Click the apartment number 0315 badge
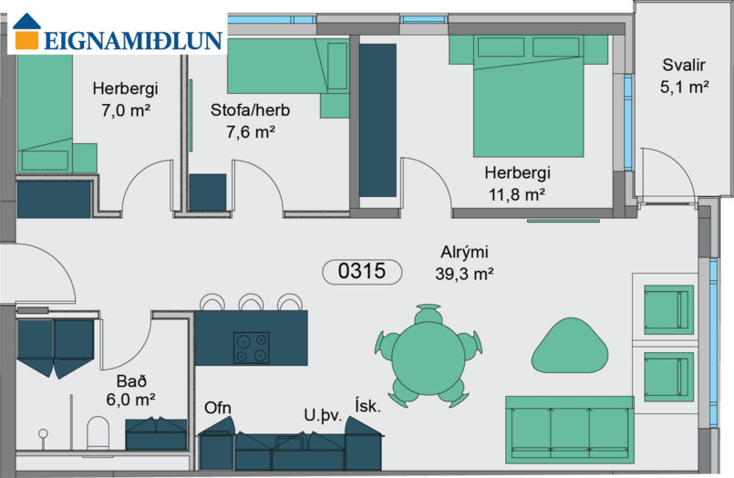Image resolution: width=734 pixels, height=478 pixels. click(362, 272)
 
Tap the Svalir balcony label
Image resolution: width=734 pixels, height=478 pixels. click(684, 65)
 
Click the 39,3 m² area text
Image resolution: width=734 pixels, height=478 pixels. click(464, 274)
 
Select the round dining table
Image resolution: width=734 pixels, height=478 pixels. click(428, 357)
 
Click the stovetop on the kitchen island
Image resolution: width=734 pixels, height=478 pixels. click(252, 348)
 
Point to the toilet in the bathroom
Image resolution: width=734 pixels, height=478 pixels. click(98, 432)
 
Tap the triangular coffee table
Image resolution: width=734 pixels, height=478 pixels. click(570, 346)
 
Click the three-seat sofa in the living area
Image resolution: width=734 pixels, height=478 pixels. click(569, 430)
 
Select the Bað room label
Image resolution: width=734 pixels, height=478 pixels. click(131, 381)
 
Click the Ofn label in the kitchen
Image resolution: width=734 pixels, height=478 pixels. click(218, 409)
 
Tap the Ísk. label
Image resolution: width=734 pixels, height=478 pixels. click(368, 405)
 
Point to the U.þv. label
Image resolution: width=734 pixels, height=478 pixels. click(323, 415)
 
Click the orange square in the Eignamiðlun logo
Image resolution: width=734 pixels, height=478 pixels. click(26, 39)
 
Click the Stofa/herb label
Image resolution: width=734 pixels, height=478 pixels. click(250, 110)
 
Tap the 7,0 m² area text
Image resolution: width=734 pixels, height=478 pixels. click(126, 110)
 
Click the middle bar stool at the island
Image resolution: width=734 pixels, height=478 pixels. click(252, 302)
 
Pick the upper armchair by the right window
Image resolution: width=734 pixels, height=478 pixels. click(669, 310)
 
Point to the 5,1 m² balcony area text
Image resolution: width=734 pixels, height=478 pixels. click(684, 87)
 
